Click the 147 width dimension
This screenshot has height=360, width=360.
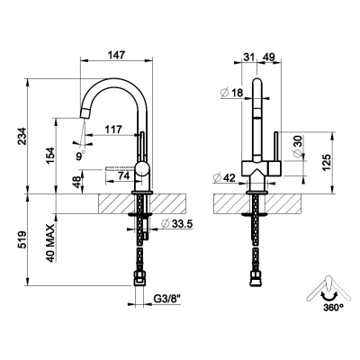point(116,55)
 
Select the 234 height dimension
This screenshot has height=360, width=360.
point(22,136)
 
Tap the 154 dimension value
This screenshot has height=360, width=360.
point(50,156)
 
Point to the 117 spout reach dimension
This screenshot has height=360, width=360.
point(113,130)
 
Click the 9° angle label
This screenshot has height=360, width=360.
point(81,156)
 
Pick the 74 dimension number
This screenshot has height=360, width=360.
point(123,175)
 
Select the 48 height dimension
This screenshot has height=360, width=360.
point(77,182)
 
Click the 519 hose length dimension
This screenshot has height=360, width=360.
point(22,240)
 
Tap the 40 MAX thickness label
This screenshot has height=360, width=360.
point(50,243)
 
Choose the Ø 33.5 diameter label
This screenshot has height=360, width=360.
point(176,223)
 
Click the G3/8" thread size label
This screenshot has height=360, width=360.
point(167,299)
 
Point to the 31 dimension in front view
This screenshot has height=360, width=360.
point(249,57)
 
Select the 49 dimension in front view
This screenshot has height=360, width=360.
point(268,57)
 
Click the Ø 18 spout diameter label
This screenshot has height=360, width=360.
point(231,93)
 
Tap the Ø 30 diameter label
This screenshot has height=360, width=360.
point(298,145)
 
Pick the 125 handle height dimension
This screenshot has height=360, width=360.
point(327,162)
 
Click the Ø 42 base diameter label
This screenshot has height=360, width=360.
point(225,178)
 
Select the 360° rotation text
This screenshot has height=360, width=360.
point(333,307)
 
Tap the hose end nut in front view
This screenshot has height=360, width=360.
point(256,279)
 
